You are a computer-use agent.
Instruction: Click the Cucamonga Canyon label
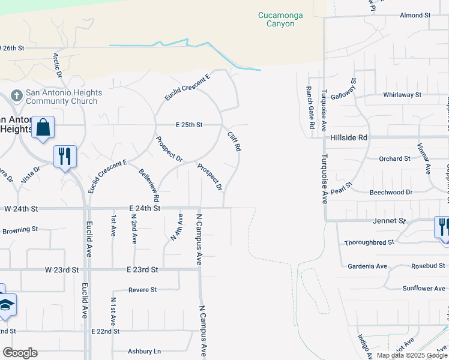[276, 19]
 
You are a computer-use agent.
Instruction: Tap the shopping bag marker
[43, 127]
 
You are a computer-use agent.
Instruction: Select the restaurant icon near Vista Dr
[65, 157]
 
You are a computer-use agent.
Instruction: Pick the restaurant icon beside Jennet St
[443, 227]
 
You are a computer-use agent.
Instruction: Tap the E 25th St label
[189, 125]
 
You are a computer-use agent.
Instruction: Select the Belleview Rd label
[149, 185]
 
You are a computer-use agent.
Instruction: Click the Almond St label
[415, 14]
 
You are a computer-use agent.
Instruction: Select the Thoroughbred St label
[369, 242]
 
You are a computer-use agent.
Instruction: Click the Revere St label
[143, 289]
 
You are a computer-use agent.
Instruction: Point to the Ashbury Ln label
[145, 351]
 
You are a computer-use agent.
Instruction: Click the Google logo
[20, 353]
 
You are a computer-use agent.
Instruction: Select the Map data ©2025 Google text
[411, 355]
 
